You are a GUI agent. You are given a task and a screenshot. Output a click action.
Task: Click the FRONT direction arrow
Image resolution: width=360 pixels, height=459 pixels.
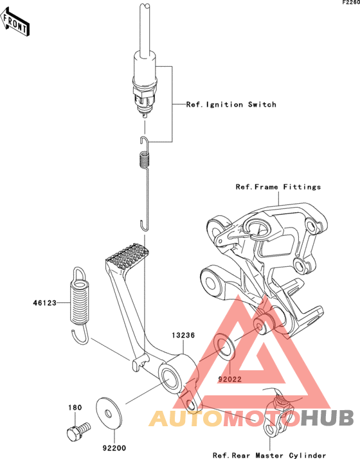coord(15,22)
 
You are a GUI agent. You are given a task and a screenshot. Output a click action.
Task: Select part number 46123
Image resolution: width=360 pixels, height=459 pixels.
coord(44,303)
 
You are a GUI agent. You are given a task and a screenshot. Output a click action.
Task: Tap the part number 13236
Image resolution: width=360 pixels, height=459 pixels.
coord(183,335)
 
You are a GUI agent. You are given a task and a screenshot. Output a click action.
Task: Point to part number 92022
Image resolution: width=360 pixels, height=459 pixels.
coord(230,379)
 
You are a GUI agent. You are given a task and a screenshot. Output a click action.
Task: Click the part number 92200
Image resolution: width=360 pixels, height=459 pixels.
coord(114,448)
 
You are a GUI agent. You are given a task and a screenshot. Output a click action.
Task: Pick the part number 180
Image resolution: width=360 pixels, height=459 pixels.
coord(75,408)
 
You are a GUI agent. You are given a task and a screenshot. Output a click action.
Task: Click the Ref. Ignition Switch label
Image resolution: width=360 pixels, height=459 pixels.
coord(231,105)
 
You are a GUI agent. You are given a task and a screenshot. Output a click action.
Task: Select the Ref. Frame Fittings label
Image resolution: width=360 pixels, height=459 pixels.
coord(278,187)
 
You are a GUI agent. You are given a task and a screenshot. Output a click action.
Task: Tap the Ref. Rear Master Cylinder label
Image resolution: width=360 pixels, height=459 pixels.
coord(269,455)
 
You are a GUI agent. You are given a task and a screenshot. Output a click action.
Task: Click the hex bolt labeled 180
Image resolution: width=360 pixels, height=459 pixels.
coord(78,431)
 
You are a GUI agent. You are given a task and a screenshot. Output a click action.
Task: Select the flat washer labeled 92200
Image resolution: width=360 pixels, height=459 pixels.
coord(108,413)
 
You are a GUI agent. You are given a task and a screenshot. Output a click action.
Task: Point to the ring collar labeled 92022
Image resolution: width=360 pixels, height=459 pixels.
coord(224,347)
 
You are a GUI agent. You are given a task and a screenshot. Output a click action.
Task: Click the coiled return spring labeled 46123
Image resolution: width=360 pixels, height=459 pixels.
coord(79,305)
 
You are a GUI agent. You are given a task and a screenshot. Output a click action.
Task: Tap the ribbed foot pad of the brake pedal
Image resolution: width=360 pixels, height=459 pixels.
coord(127,256)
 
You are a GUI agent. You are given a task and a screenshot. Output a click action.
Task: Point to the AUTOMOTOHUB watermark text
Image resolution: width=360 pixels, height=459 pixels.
coord(251,418)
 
